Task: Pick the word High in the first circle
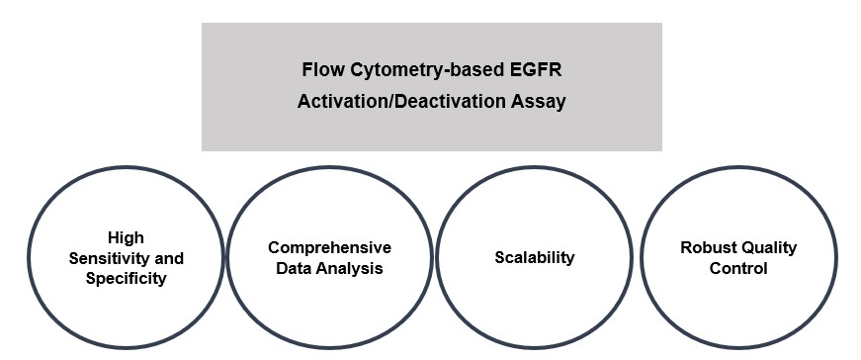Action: coord(126,238)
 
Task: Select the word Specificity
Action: coord(126,278)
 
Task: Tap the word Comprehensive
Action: coord(330,247)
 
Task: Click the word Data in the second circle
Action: coord(290,268)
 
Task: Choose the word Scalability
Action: coord(535,258)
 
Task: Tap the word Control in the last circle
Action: coord(738,268)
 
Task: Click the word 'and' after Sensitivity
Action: coord(169,258)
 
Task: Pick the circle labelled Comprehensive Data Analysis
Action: coord(330,307)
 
